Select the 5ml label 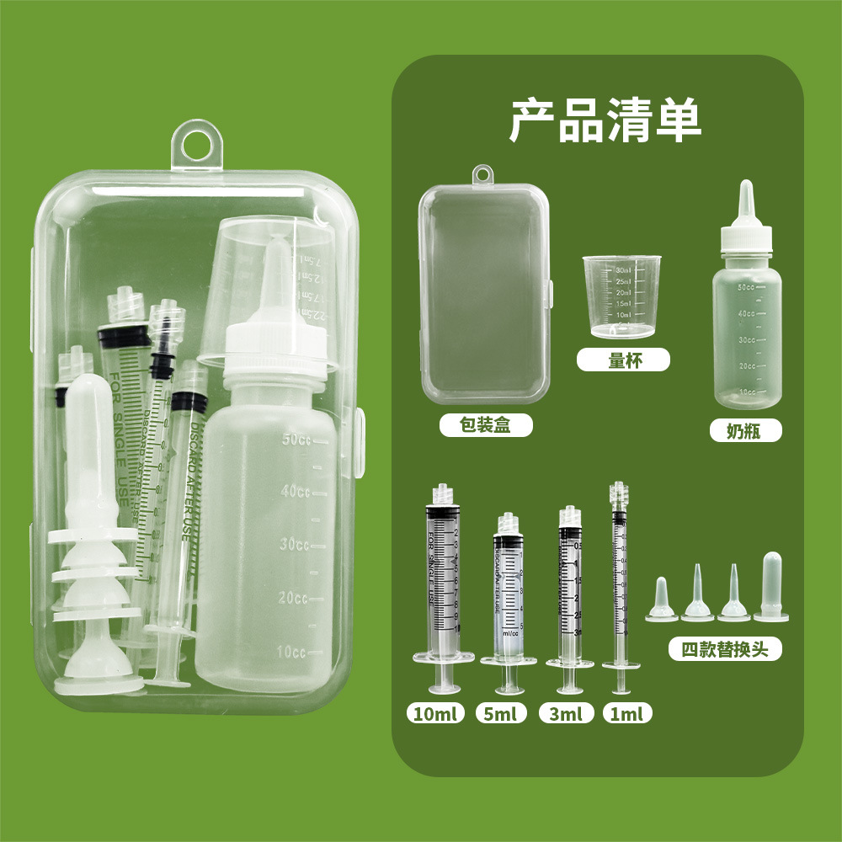pyautogui.click(x=500, y=714)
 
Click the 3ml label pyautogui.click(x=565, y=714)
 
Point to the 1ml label pyautogui.click(x=627, y=714)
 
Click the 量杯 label pyautogui.click(x=622, y=361)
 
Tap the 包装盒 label pyautogui.click(x=486, y=425)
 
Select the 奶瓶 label pyautogui.click(x=744, y=431)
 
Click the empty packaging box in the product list pyautogui.click(x=485, y=295)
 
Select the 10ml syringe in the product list pyautogui.click(x=443, y=581)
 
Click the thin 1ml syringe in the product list pyautogui.click(x=620, y=581)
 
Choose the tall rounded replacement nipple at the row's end pyautogui.click(x=771, y=587)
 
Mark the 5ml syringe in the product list pyautogui.click(x=508, y=589)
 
